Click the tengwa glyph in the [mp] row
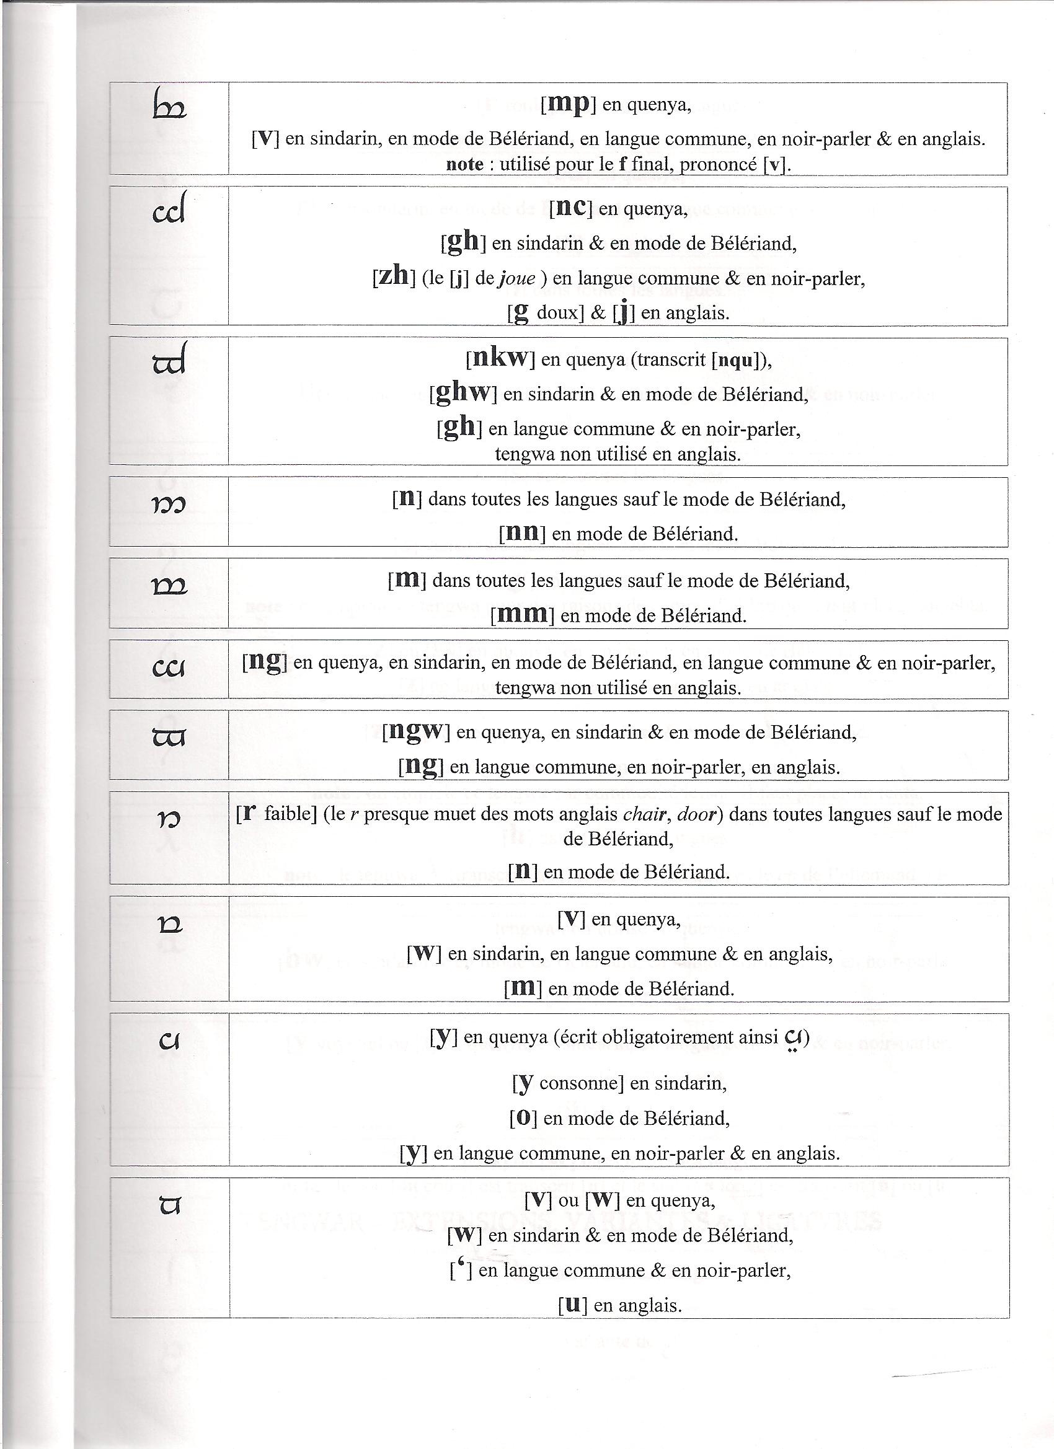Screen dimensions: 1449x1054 click(x=169, y=106)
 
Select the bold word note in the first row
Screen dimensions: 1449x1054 click(x=464, y=164)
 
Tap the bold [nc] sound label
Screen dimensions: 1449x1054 click(x=571, y=208)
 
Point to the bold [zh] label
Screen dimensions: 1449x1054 click(x=393, y=276)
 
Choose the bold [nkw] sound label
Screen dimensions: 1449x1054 click(x=500, y=359)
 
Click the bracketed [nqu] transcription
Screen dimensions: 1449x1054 click(x=738, y=361)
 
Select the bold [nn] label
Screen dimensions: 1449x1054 click(x=521, y=533)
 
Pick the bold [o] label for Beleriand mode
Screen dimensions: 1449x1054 click(x=522, y=1118)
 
